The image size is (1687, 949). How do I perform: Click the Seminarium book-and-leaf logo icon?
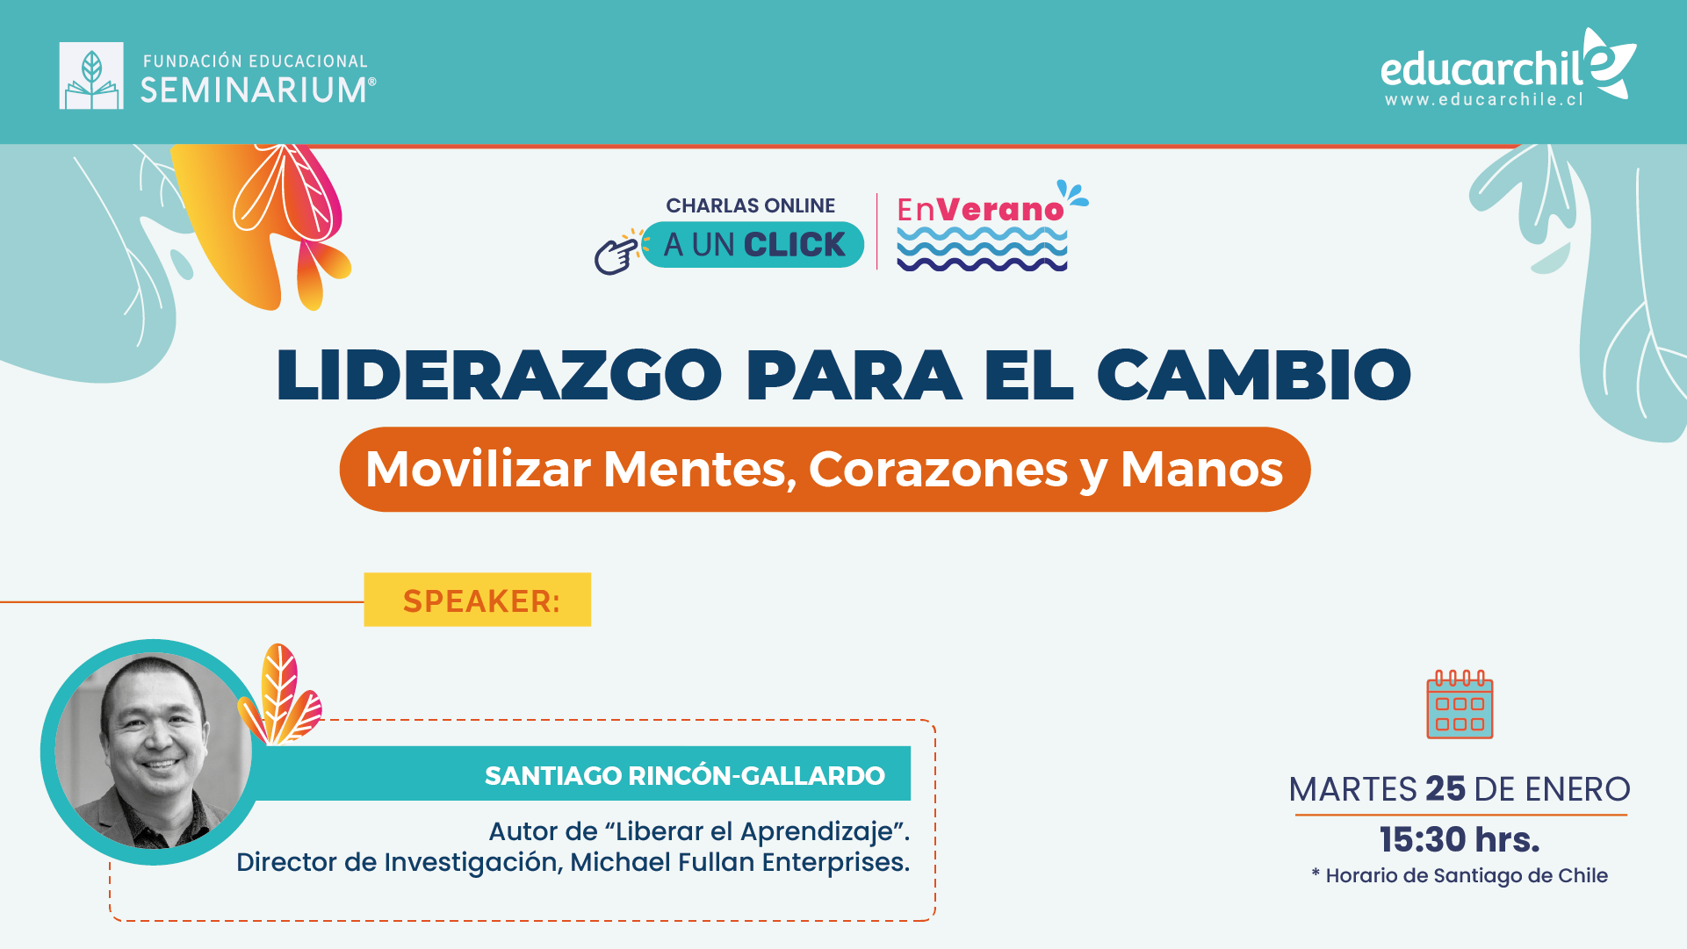coord(91,75)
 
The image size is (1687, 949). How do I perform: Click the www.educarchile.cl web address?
coord(1484,100)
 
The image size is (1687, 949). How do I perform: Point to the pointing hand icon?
coord(616,254)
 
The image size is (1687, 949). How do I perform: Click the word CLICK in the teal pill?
coord(795,245)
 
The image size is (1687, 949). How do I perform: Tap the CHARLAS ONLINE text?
coord(750,205)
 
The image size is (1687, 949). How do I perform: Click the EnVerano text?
coord(980,210)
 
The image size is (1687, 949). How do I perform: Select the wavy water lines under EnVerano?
coord(982,248)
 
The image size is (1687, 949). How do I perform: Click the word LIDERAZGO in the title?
coord(499,375)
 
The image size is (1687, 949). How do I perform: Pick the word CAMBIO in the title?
coord(1254,375)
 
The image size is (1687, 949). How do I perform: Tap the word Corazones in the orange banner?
coord(939,470)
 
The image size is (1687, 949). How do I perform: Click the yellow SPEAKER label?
coord(478,600)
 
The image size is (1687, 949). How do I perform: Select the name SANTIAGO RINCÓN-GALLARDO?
coord(685,776)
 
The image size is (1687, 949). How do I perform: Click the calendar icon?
coord(1460,704)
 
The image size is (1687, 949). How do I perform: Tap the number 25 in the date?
coord(1445,788)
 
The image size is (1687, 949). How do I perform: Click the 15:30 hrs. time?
coord(1460,840)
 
